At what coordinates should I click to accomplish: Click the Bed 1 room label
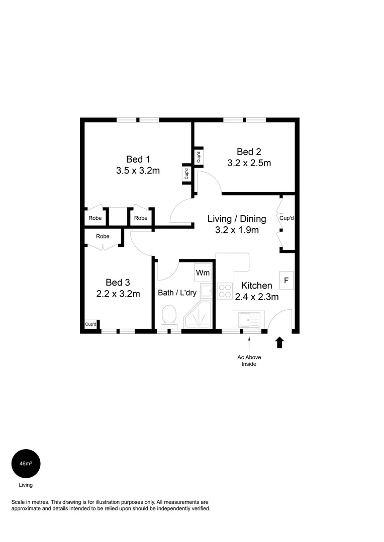pyautogui.click(x=138, y=160)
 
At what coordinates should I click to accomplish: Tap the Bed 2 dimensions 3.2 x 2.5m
pyautogui.click(x=249, y=163)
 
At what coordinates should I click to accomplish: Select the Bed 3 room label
pyautogui.click(x=118, y=283)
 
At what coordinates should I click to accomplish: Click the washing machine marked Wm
pyautogui.click(x=203, y=273)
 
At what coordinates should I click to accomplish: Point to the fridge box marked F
pyautogui.click(x=286, y=281)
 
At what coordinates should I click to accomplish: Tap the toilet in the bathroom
pyautogui.click(x=169, y=315)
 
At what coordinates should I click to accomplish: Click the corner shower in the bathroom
pyautogui.click(x=198, y=315)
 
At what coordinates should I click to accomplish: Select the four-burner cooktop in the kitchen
pyautogui.click(x=225, y=291)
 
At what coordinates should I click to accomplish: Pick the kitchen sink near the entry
pyautogui.click(x=249, y=319)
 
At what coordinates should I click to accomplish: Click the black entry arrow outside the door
pyautogui.click(x=280, y=343)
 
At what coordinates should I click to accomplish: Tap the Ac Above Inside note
pyautogui.click(x=249, y=360)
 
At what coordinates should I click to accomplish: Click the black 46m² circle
pyautogui.click(x=26, y=464)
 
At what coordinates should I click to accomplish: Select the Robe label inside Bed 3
pyautogui.click(x=103, y=236)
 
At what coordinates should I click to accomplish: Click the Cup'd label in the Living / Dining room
pyautogui.click(x=286, y=218)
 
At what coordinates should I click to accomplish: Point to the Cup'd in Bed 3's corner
pyautogui.click(x=90, y=324)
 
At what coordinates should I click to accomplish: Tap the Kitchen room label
pyautogui.click(x=256, y=286)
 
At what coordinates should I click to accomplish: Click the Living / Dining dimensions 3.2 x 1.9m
pyautogui.click(x=237, y=230)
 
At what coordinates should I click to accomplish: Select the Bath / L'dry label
pyautogui.click(x=177, y=293)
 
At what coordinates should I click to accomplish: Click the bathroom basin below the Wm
pyautogui.click(x=207, y=291)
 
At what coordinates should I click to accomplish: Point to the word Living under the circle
pyautogui.click(x=26, y=485)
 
